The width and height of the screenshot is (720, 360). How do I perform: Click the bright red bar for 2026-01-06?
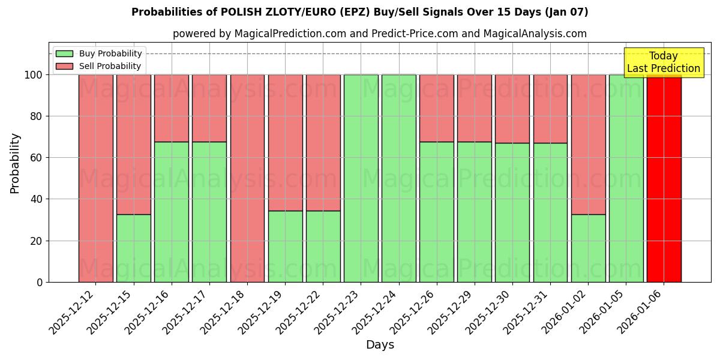click(x=664, y=178)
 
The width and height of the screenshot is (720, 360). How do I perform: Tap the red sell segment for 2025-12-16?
click(x=172, y=108)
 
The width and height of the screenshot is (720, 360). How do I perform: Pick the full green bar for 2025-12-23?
click(x=361, y=178)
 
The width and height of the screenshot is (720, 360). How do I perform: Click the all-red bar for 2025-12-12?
click(x=95, y=178)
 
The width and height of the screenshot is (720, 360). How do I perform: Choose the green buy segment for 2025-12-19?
click(x=285, y=246)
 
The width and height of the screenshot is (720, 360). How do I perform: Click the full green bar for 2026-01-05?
click(x=626, y=178)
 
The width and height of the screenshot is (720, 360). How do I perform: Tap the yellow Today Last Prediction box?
click(x=664, y=62)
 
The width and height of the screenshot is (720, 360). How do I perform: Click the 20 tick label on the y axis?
click(x=37, y=241)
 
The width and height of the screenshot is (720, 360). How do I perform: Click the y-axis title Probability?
click(x=15, y=163)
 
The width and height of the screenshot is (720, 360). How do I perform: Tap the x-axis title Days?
click(x=380, y=345)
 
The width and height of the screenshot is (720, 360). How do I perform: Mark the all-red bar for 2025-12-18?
click(x=247, y=178)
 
